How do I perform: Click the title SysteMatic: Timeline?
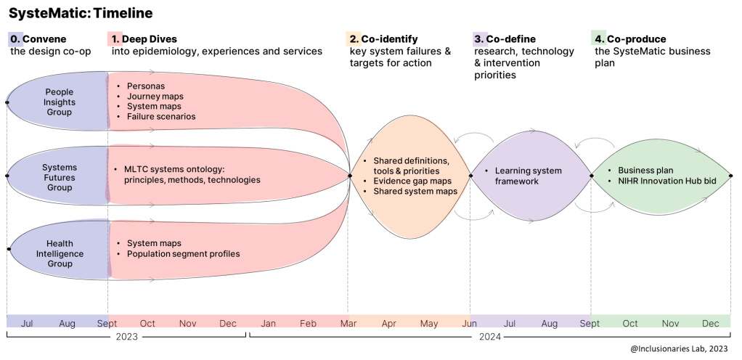coord(81,14)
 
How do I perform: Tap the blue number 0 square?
coord(15,38)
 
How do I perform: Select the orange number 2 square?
coord(354,38)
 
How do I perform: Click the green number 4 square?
coord(599,38)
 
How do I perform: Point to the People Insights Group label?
coord(60,102)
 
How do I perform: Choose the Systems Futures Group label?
coord(60,178)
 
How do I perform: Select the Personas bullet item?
coord(146,86)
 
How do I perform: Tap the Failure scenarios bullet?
coord(161,117)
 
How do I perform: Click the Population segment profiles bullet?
coord(183,254)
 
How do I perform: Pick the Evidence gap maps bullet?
coord(412,181)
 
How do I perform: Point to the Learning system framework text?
coord(528,176)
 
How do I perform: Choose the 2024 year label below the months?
coord(489,337)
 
